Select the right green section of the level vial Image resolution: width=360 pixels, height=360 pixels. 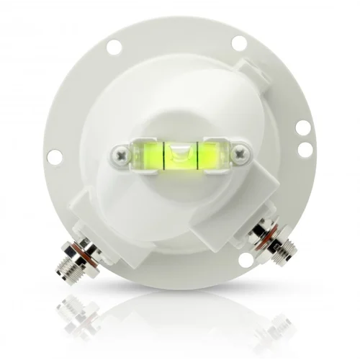point(210,153)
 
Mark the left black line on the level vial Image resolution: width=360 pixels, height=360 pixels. point(166,153)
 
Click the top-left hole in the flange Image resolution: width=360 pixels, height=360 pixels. point(114,47)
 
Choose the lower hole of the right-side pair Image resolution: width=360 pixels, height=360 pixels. point(305,149)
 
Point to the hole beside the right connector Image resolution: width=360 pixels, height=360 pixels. point(246,258)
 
